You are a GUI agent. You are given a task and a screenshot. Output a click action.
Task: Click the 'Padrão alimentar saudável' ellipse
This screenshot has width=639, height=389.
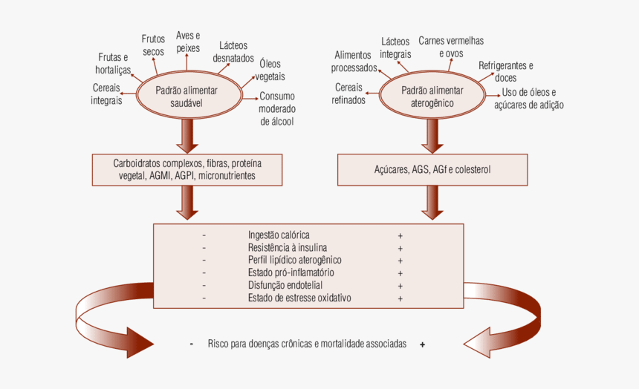pyautogui.click(x=186, y=97)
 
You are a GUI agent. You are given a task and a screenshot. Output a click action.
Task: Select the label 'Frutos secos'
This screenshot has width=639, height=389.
pyautogui.click(x=153, y=45)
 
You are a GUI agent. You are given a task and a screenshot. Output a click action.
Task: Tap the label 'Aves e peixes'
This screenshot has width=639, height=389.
pyautogui.click(x=188, y=42)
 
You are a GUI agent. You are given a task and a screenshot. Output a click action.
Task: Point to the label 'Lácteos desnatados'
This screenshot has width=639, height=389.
pyautogui.click(x=233, y=51)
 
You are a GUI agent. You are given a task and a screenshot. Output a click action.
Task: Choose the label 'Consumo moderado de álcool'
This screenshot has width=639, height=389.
pyautogui.click(x=277, y=108)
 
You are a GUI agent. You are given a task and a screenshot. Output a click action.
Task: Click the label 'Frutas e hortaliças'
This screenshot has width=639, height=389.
pyautogui.click(x=113, y=64)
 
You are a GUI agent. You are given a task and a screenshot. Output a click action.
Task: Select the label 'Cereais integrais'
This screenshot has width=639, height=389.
pyautogui.click(x=106, y=94)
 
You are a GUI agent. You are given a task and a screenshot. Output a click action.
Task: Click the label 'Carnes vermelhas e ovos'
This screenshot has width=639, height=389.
pyautogui.click(x=451, y=48)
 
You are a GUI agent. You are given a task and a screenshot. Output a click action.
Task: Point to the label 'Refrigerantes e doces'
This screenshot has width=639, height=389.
pyautogui.click(x=505, y=71)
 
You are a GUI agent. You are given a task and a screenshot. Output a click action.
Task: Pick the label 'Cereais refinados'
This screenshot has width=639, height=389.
pyautogui.click(x=349, y=94)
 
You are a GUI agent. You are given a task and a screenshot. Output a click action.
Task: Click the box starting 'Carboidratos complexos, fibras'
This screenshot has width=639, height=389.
pyautogui.click(x=186, y=170)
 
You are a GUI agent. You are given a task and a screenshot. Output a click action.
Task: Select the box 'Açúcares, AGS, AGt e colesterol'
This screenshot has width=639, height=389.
pyautogui.click(x=432, y=170)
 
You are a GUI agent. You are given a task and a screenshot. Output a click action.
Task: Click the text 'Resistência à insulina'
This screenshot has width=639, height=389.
pyautogui.click(x=287, y=247)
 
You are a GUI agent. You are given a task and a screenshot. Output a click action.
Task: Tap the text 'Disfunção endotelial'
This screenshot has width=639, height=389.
pyautogui.click(x=285, y=285)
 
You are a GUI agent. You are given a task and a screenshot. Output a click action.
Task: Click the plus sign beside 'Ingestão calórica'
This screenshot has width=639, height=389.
pyautogui.click(x=400, y=235)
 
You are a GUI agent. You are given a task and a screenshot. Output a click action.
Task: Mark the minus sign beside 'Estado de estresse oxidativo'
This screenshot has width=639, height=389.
pyautogui.click(x=204, y=298)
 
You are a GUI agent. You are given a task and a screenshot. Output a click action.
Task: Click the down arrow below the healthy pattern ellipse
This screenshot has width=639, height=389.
pyautogui.click(x=186, y=135)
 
